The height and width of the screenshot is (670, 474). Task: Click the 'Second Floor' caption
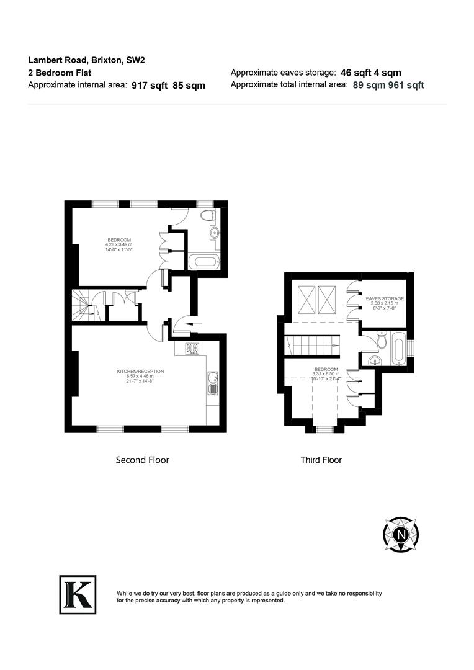142,460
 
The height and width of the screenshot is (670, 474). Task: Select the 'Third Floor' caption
321,460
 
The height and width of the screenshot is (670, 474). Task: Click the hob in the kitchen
192,349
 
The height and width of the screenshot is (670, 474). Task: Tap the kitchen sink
213,383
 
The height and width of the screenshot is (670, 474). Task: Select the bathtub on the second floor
204,261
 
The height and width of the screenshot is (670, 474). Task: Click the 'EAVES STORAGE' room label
385,298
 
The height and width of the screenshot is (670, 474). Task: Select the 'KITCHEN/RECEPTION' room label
140,372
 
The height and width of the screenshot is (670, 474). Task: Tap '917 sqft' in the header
150,86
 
